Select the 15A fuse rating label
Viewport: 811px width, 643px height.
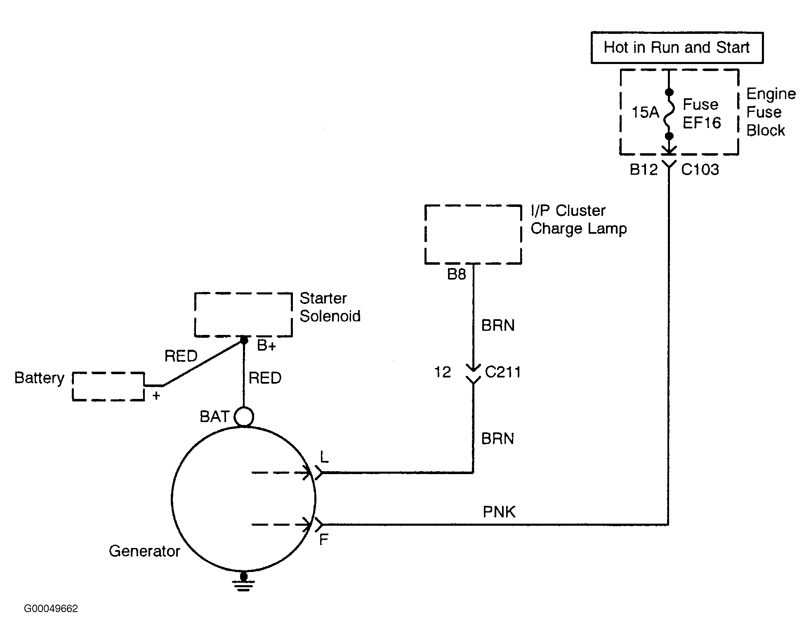(x=646, y=112)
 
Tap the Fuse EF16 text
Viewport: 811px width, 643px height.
(x=702, y=113)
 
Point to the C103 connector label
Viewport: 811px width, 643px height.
(x=700, y=169)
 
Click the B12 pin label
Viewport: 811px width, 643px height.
(x=644, y=169)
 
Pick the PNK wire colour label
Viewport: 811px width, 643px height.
(x=499, y=512)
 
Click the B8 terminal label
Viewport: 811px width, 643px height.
(x=457, y=274)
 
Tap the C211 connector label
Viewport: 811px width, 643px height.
(x=503, y=372)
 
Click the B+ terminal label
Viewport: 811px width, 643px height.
(x=266, y=345)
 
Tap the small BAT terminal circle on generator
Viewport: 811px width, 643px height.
(x=244, y=417)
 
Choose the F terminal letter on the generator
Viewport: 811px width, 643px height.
(x=324, y=539)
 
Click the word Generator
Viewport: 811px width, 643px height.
(x=144, y=551)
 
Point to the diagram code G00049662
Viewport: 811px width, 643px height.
(x=51, y=609)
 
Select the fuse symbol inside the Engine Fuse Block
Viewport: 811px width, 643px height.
(x=669, y=114)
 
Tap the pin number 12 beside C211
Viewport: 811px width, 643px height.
(x=443, y=372)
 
